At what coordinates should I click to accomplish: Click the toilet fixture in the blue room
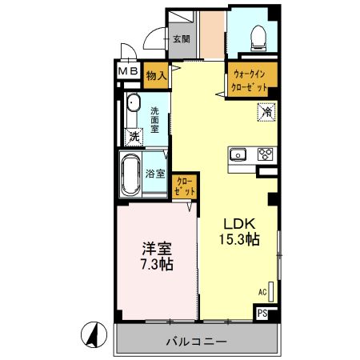(257, 36)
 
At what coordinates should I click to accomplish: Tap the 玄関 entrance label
(180, 38)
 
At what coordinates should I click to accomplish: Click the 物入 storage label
(156, 76)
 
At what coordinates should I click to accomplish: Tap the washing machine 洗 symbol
(134, 136)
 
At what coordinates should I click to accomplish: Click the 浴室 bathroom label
(156, 174)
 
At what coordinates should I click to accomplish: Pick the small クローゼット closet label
(185, 187)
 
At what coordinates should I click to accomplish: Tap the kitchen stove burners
(266, 155)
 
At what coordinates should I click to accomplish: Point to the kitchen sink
(238, 155)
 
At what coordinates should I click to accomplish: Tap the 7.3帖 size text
(156, 265)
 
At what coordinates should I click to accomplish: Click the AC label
(262, 292)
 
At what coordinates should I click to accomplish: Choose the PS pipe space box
(263, 314)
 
